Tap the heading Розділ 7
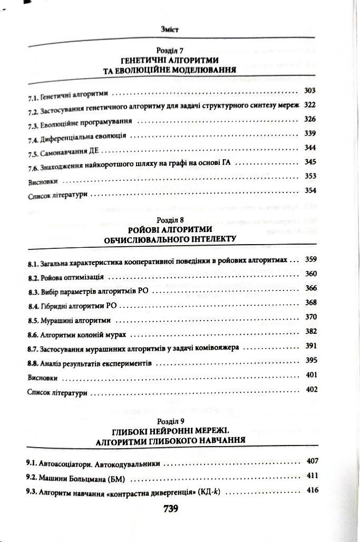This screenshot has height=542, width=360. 173,51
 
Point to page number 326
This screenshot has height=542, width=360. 310,119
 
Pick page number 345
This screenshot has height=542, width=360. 310,162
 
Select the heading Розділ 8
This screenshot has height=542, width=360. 173,218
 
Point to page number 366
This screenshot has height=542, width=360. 310,288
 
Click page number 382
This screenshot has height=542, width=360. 310,331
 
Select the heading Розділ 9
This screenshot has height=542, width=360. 173,422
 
